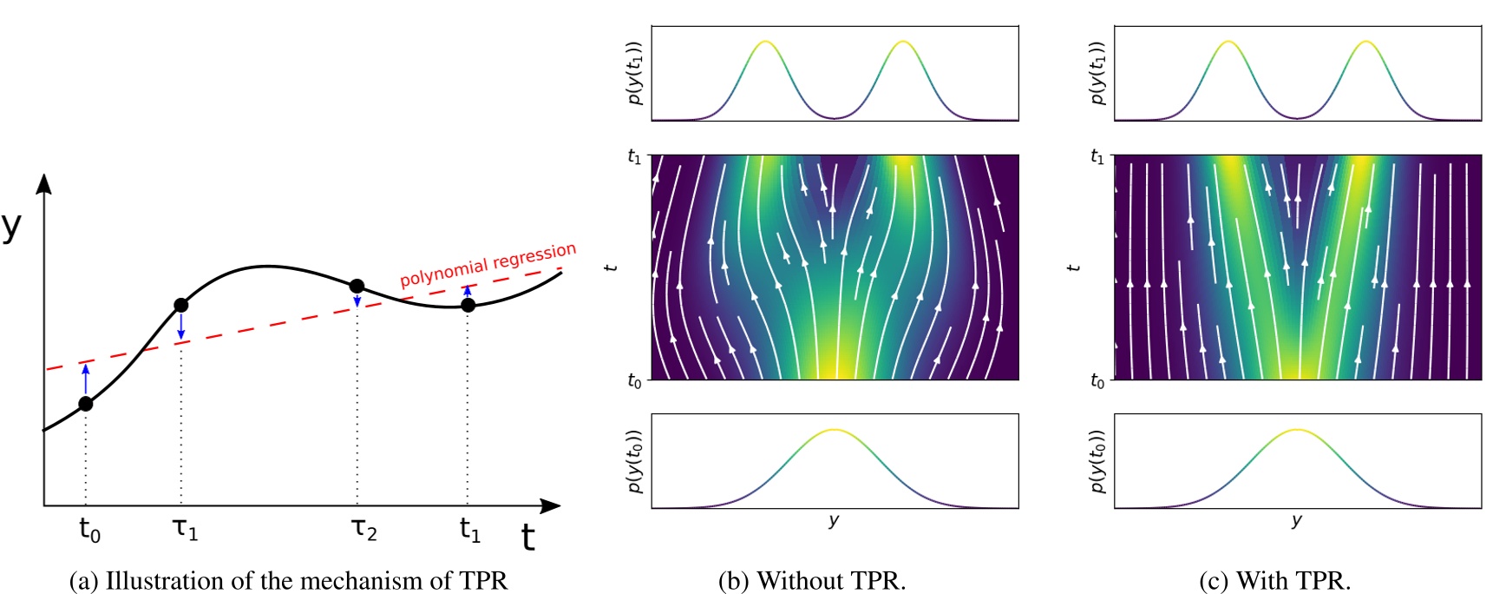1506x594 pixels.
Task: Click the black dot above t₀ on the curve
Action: pos(85,404)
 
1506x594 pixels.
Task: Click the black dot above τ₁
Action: pos(180,305)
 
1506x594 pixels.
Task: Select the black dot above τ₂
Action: pos(357,286)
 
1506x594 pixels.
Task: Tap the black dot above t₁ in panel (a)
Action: pos(468,305)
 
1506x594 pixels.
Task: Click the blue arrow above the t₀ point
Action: pos(85,379)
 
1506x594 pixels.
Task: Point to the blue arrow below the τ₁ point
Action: pos(180,326)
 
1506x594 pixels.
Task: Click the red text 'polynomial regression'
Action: pos(488,264)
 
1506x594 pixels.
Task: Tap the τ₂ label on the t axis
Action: pos(364,528)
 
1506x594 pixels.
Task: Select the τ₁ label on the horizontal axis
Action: pos(185,528)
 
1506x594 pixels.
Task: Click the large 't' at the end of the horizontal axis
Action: pos(527,538)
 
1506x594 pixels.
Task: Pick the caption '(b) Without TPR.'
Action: pos(812,580)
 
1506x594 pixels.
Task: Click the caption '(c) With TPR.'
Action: pos(1274,580)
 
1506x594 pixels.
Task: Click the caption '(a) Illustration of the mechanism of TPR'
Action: pos(288,580)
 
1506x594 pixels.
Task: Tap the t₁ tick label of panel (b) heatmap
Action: pos(634,157)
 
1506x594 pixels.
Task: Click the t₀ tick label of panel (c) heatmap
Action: pos(1097,380)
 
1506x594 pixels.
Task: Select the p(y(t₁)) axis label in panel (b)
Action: pos(635,73)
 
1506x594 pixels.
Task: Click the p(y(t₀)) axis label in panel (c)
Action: pos(1098,461)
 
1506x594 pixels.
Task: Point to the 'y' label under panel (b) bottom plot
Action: pos(834,520)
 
